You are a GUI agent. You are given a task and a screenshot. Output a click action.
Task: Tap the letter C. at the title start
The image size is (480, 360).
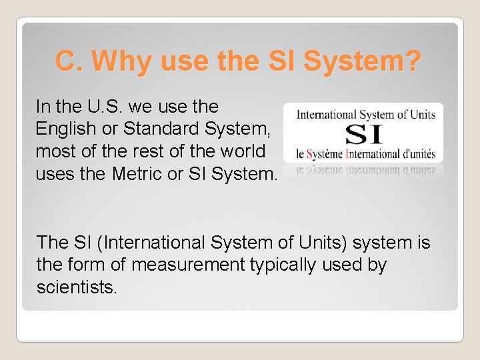point(70,61)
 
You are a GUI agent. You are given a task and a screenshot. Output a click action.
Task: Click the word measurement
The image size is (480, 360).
point(189,265)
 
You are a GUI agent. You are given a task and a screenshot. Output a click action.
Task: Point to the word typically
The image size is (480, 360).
point(283,265)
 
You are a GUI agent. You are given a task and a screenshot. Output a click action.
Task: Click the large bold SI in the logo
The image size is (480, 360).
point(365,135)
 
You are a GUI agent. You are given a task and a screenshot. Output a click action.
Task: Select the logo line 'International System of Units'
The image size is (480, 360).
point(365,115)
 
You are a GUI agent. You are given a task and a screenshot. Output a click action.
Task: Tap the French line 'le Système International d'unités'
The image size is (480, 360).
point(365,154)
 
